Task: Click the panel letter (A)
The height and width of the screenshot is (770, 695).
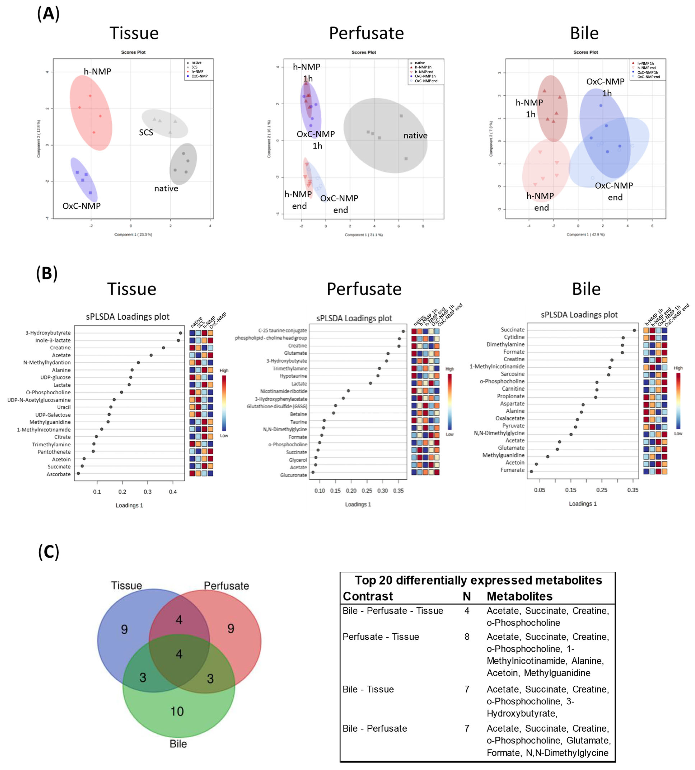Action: [48, 14]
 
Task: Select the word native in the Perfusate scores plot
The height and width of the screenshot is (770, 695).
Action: [415, 136]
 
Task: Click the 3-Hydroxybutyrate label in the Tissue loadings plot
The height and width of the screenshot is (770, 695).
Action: [48, 333]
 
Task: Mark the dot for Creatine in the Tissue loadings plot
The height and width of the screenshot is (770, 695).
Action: [163, 348]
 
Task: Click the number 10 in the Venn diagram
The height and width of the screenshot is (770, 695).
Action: [177, 711]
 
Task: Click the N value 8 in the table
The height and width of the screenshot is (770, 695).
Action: [467, 637]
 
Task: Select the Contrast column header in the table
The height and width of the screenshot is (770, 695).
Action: [368, 596]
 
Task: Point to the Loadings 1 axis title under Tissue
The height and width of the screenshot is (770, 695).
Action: [129, 505]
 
